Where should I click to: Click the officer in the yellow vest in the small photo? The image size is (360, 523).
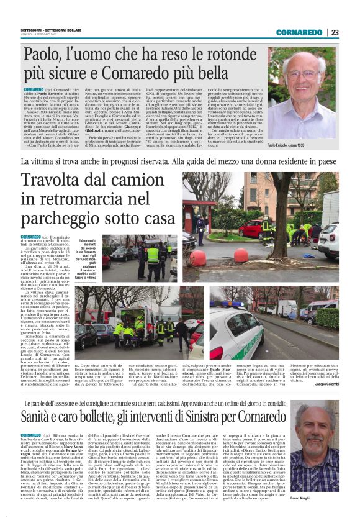point(153,256)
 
